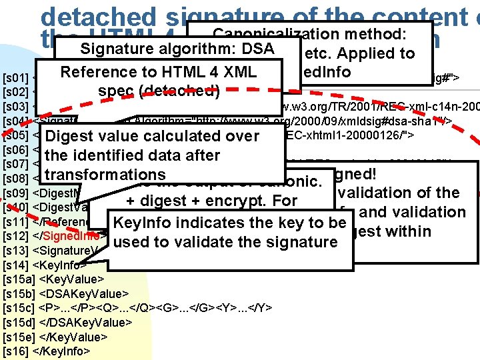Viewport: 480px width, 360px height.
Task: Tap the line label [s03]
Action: coord(14,107)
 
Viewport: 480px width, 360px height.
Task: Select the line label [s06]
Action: coord(14,149)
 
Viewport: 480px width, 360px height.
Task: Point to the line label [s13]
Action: coord(15,251)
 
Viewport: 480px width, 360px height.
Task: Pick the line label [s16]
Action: coord(15,351)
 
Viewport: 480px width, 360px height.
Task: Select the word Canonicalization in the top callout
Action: coord(267,33)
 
